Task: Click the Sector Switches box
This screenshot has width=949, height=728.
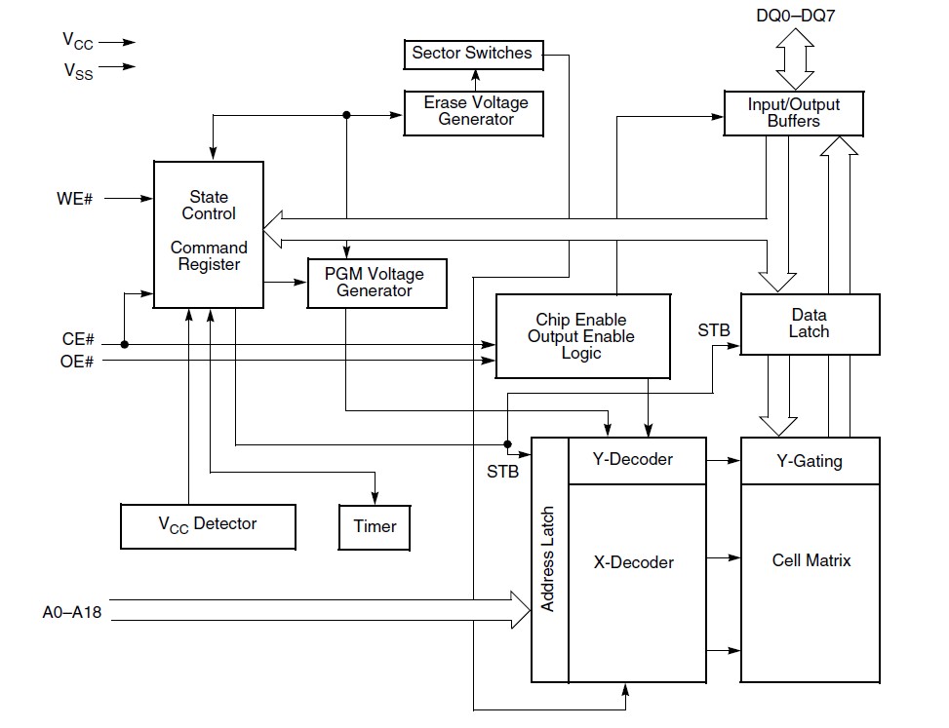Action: (472, 54)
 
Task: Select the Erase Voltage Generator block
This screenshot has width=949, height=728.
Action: (475, 111)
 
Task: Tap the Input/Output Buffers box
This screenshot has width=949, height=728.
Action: (793, 112)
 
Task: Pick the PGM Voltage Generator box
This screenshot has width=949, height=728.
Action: (378, 283)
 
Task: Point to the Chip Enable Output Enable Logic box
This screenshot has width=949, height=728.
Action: (582, 336)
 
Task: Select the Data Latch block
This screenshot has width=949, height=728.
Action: (810, 324)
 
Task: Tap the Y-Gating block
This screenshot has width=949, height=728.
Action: (810, 460)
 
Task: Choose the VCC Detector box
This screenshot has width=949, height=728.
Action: (208, 524)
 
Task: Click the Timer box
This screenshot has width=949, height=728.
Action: (375, 526)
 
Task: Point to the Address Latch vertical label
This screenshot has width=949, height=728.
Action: (549, 559)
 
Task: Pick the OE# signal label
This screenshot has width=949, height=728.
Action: (78, 362)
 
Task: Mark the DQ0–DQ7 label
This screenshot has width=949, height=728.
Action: (793, 16)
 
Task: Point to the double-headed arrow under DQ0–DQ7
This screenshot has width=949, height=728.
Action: (793, 59)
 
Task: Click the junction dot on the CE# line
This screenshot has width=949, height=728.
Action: (125, 344)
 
